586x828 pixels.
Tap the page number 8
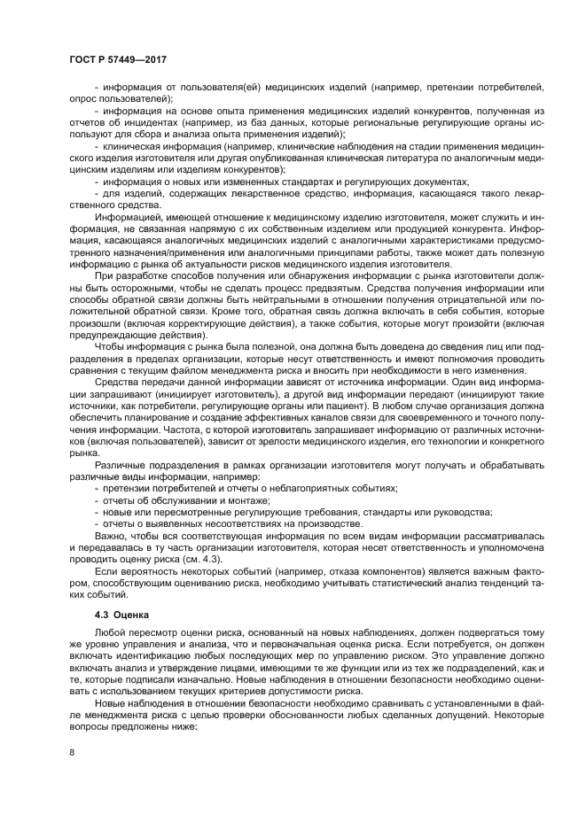click(x=72, y=753)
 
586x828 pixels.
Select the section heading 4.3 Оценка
click(x=124, y=613)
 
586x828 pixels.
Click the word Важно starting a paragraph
click(x=109, y=537)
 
